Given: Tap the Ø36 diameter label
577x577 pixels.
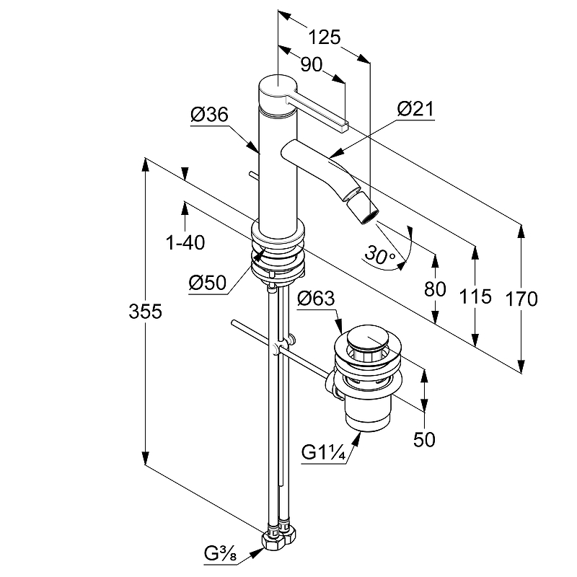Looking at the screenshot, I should click(209, 115).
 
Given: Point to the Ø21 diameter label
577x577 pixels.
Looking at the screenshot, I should click(414, 109).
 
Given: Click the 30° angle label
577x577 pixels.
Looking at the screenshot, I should click(379, 254).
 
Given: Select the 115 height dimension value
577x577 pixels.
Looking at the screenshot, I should click(475, 296).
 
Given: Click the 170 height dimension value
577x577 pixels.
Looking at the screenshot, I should click(521, 298).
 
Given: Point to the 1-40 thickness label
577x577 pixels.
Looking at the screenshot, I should click(185, 243).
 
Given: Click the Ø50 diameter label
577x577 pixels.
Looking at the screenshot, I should click(208, 283).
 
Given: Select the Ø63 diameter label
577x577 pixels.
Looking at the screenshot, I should click(315, 298).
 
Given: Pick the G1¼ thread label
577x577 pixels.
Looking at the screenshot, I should click(322, 452).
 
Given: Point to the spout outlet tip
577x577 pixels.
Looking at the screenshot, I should click(368, 211).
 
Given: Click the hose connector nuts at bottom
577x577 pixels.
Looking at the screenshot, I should click(280, 537).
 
